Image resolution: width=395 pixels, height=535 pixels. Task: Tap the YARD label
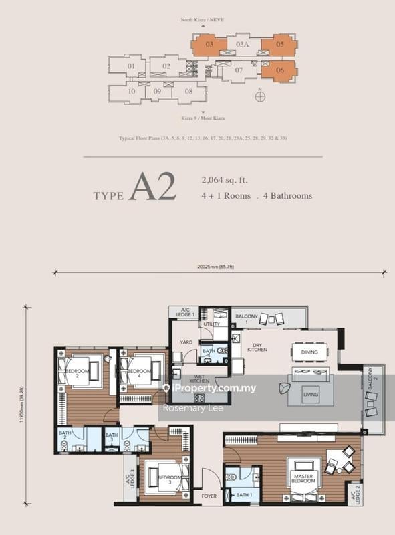pyautogui.click(x=186, y=342)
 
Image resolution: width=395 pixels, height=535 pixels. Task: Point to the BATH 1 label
pyautogui.click(x=244, y=494)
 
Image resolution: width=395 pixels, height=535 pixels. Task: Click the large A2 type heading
pyautogui.click(x=154, y=188)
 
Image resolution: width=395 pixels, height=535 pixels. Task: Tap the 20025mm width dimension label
pyautogui.click(x=215, y=267)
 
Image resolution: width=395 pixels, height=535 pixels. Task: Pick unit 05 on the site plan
pyautogui.click(x=280, y=45)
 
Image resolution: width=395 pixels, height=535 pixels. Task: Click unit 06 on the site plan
pyautogui.click(x=280, y=70)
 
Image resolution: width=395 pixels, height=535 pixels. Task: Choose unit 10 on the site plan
pyautogui.click(x=132, y=91)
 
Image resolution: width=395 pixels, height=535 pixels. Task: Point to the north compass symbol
pyautogui.click(x=260, y=96)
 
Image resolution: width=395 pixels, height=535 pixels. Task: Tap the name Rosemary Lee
pyautogui.click(x=189, y=409)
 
